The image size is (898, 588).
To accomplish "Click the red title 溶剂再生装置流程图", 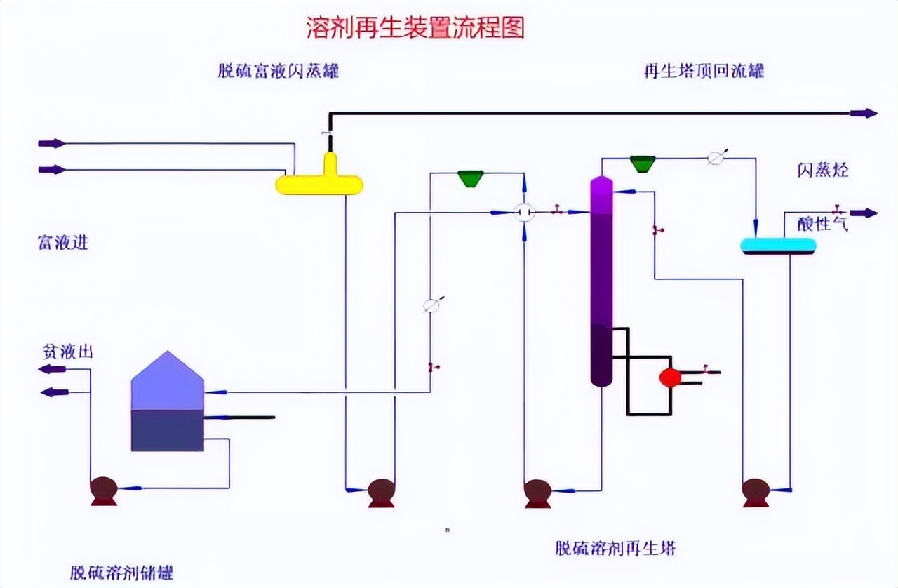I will pos(415,27).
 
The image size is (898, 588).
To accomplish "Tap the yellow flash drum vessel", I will pos(319,185).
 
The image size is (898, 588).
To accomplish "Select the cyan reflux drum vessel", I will pos(779,245).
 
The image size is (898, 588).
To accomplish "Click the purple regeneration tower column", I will pos(601,281).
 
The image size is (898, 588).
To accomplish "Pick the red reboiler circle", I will pos(670,377).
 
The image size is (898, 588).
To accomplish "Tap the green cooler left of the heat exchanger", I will pos(471,178).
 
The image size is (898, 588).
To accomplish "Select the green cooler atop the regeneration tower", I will pos(642,163).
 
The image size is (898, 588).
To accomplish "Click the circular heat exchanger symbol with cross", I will pos(524,212).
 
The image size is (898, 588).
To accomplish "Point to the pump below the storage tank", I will pos(104,490).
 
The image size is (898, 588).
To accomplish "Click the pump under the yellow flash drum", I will pos(382,491).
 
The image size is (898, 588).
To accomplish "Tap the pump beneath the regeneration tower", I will pos(537,492).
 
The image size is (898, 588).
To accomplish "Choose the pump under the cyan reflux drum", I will pos(756,491).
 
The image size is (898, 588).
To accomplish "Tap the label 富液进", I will pos(62,243).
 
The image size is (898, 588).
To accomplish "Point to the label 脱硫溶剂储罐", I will pos(121,572).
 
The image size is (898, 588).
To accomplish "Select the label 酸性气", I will pos(823,225).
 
